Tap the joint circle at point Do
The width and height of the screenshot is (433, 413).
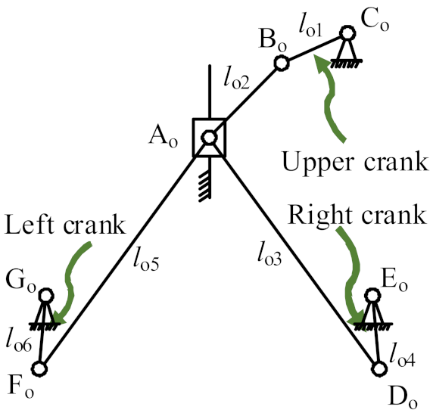tap(380, 368)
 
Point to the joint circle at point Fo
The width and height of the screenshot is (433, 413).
tap(39, 368)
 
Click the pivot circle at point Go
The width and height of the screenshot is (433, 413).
tap(46, 295)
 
